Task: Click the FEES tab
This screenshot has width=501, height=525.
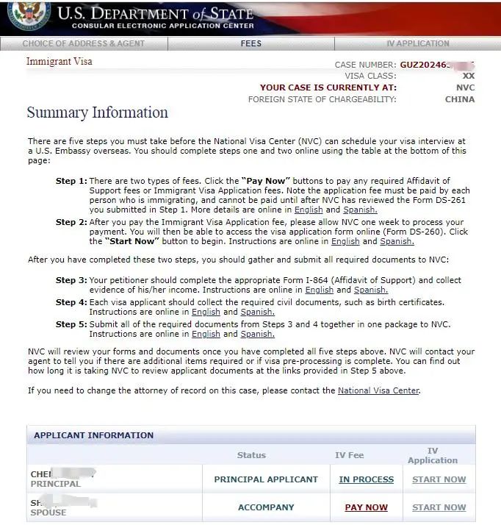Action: pyautogui.click(x=250, y=43)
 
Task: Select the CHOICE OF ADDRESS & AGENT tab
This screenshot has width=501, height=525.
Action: pyautogui.click(x=84, y=43)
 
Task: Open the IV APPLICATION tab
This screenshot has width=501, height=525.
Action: pyautogui.click(x=417, y=43)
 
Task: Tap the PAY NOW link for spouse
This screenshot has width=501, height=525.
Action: pyautogui.click(x=366, y=507)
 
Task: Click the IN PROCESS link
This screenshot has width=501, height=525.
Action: pyautogui.click(x=366, y=479)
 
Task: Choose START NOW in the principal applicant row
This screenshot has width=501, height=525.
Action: pyautogui.click(x=439, y=479)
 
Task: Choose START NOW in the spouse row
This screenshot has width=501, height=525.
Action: pyautogui.click(x=439, y=507)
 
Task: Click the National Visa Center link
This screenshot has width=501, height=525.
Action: pyautogui.click(x=378, y=390)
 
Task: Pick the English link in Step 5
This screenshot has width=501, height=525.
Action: pyautogui.click(x=205, y=334)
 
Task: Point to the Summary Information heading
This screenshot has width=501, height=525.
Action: pyautogui.click(x=97, y=113)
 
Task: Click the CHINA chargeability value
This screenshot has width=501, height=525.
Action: pyautogui.click(x=460, y=99)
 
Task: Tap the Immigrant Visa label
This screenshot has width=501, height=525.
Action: pyautogui.click(x=59, y=62)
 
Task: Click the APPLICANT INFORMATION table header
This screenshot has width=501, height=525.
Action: pyautogui.click(x=93, y=435)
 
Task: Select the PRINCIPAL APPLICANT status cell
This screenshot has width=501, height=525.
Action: pyautogui.click(x=266, y=479)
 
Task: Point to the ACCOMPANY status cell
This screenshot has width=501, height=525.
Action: pyautogui.click(x=266, y=507)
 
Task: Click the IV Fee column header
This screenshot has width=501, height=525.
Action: pyautogui.click(x=349, y=456)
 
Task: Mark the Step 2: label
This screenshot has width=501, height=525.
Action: pyautogui.click(x=71, y=222)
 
